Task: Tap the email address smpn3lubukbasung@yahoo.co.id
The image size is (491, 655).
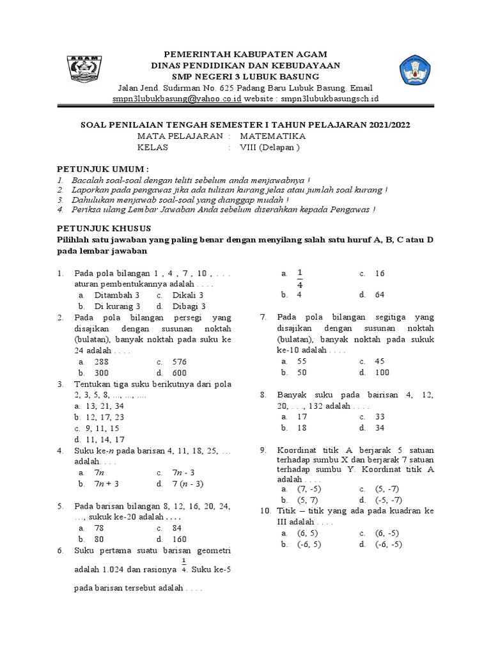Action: [x=176, y=99]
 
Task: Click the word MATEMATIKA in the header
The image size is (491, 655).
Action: [x=273, y=136]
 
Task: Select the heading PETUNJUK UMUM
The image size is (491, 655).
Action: [x=102, y=168]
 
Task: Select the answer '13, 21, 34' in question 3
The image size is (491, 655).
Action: [x=99, y=406]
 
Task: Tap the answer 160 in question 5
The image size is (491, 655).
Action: [x=180, y=539]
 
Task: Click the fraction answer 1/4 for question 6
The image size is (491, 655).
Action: [x=300, y=279]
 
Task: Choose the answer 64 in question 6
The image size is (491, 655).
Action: [x=380, y=295]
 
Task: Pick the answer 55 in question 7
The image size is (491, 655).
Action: [x=302, y=361]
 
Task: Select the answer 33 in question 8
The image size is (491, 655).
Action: [x=379, y=416]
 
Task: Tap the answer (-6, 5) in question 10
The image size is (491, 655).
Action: [x=309, y=544]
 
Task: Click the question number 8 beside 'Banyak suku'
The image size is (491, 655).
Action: [x=263, y=395]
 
